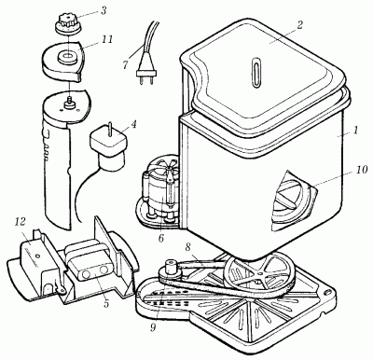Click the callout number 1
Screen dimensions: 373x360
click(355, 130)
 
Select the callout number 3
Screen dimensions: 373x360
click(104, 11)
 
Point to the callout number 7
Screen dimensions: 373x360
click(125, 65)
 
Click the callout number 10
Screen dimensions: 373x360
click(361, 170)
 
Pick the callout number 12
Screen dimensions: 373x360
click(21, 222)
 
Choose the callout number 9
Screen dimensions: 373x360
click(153, 327)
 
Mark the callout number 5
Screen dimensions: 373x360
click(106, 303)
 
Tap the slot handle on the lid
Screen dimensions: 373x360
click(256, 71)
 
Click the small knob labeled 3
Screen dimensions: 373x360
click(68, 24)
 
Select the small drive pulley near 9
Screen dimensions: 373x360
click(170, 270)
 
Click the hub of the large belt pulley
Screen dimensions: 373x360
click(260, 273)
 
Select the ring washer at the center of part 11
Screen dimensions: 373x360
click(66, 57)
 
